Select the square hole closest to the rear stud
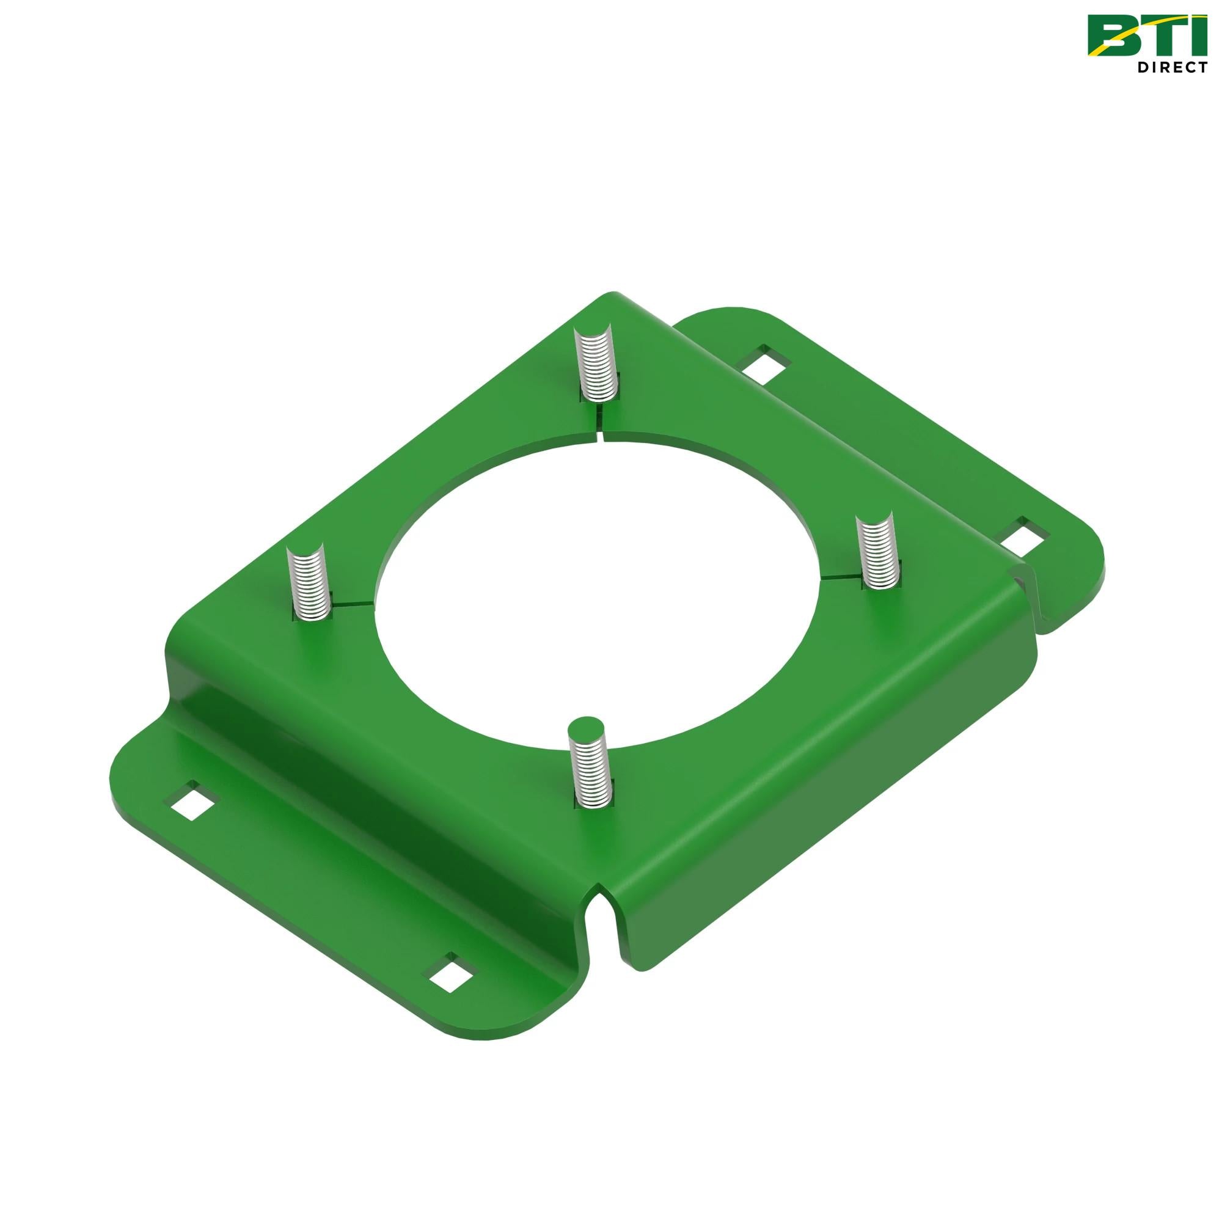point(763,364)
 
